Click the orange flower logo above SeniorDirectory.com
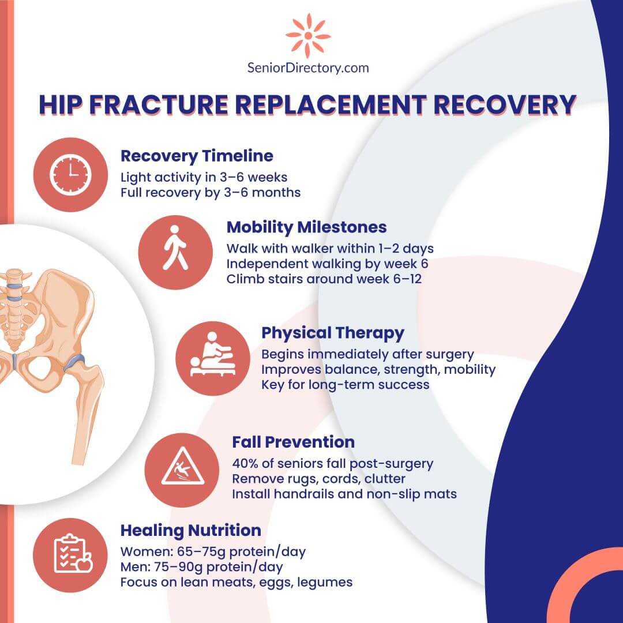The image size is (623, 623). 308,35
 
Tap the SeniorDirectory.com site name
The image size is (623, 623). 308,68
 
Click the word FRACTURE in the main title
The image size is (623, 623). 159,104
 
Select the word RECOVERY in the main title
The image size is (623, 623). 505,104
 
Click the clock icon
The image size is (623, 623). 70,175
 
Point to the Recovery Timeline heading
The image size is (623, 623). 197,156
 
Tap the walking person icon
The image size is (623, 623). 175,248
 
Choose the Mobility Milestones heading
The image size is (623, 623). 306,227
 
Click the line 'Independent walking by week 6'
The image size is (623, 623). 327,264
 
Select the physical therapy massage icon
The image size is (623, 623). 213,354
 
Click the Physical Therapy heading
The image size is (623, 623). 333,333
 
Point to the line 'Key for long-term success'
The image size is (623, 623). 346,385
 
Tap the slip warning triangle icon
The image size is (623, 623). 182,467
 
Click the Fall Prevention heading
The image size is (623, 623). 293,442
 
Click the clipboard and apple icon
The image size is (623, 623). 73,553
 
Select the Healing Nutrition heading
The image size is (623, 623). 191,531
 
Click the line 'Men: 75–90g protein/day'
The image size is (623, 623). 201,567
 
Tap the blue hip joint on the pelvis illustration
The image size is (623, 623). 74,361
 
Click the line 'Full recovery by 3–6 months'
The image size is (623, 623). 211,192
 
